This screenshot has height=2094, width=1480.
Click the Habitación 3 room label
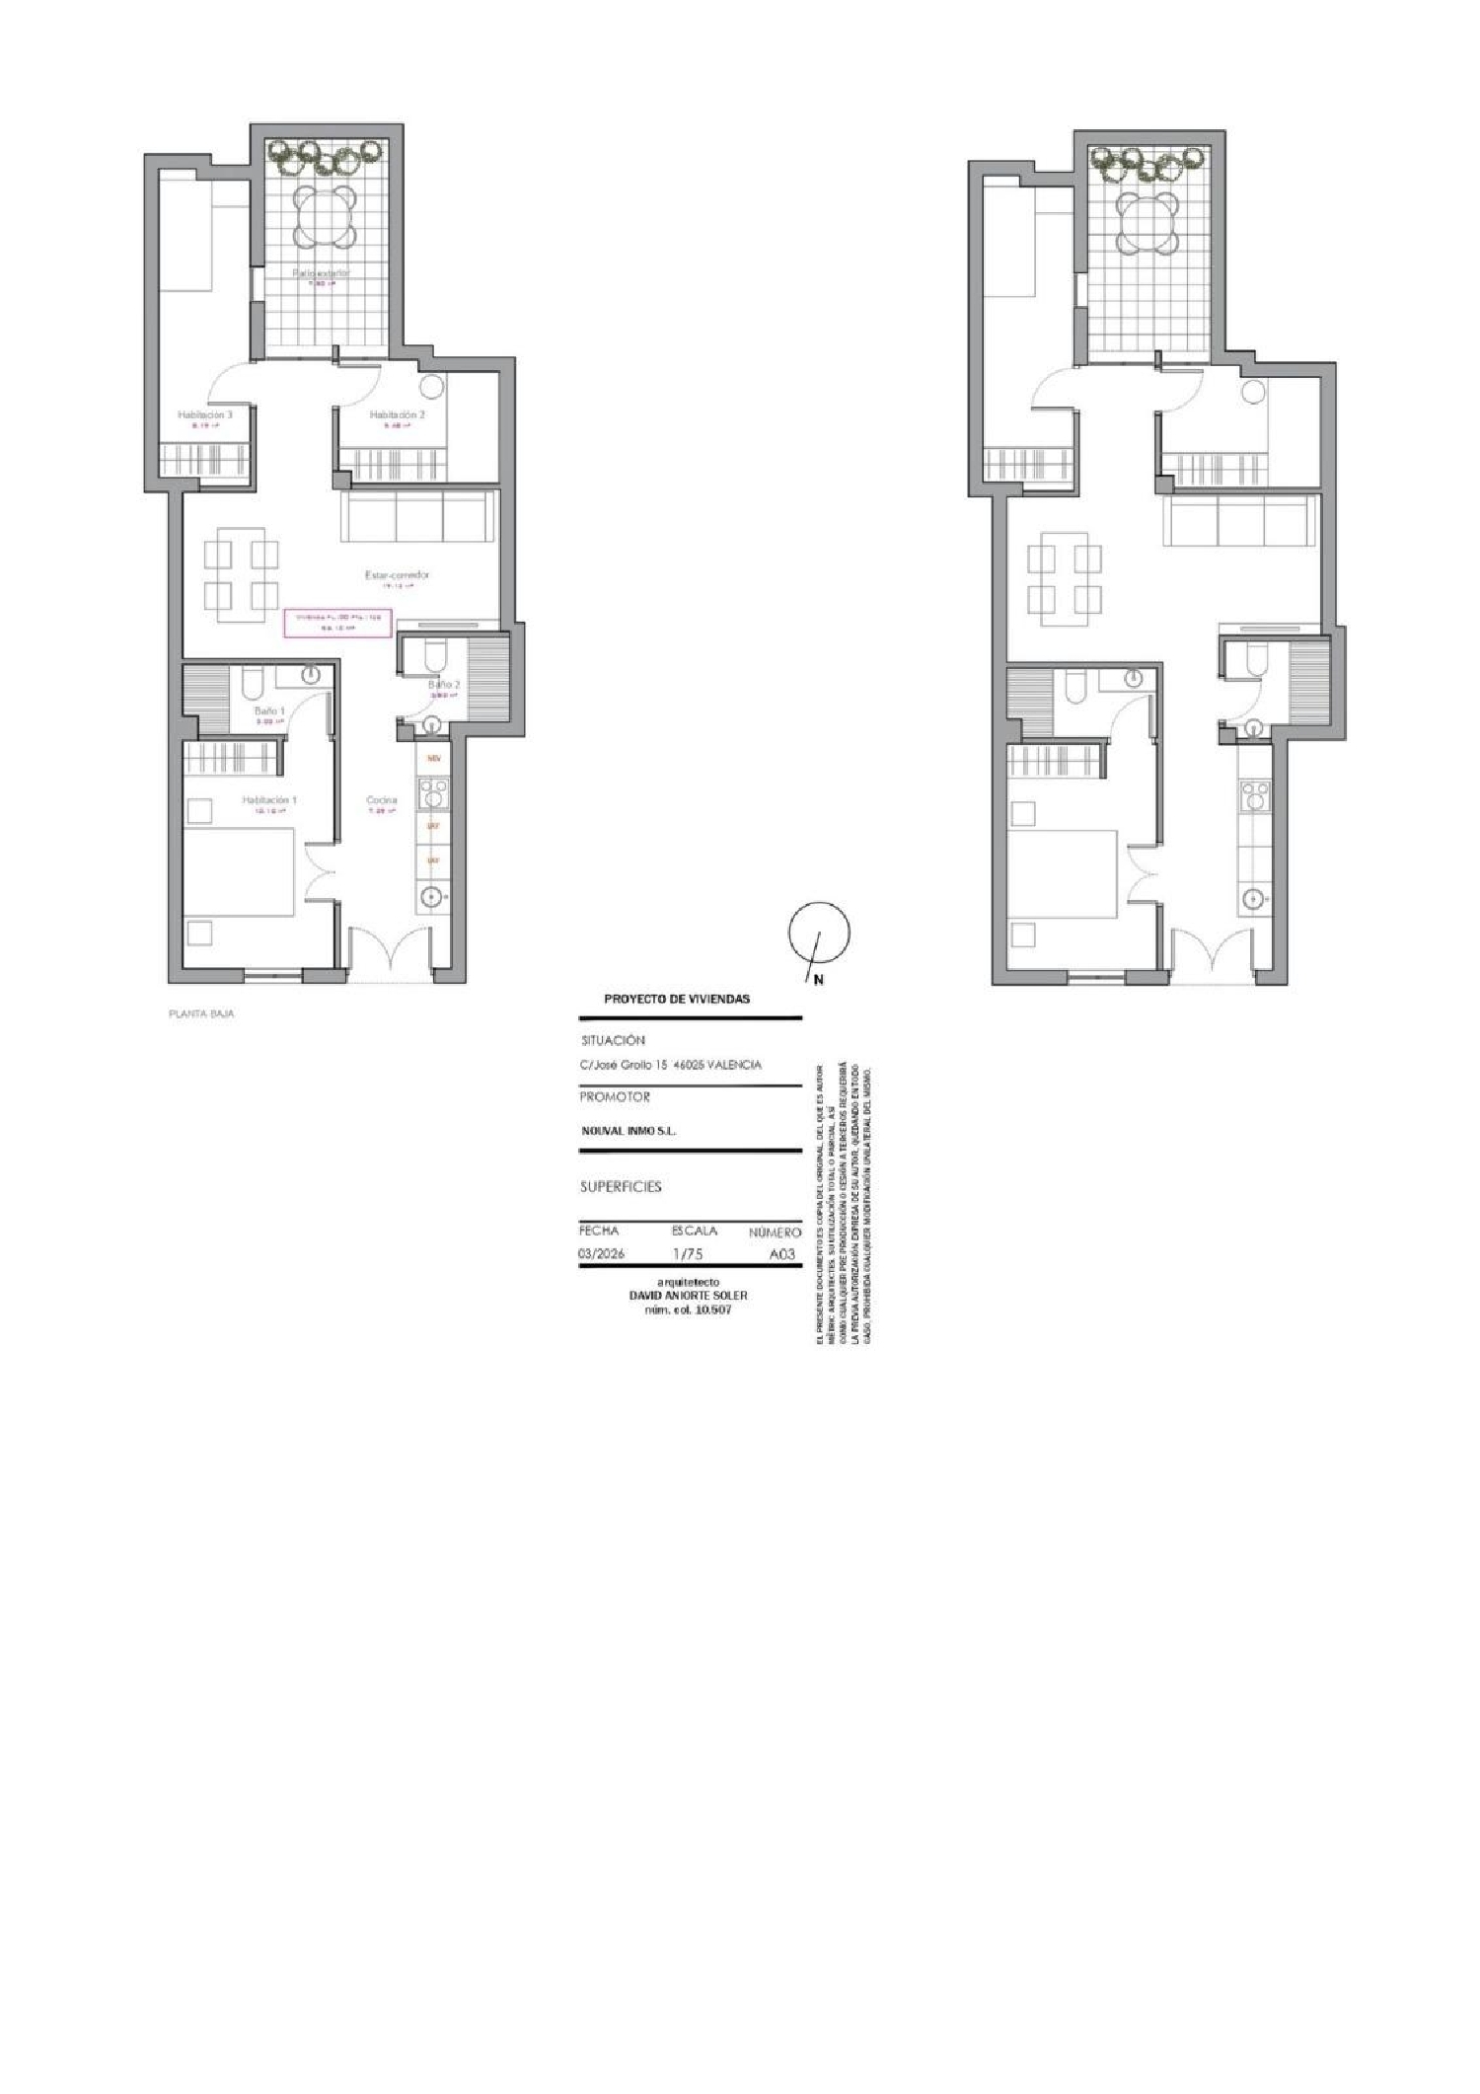pyautogui.click(x=205, y=415)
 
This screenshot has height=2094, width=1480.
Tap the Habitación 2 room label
pyautogui.click(x=398, y=415)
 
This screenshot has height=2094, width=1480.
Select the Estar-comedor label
pyautogui.click(x=398, y=574)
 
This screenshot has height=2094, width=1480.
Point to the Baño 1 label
pyautogui.click(x=269, y=710)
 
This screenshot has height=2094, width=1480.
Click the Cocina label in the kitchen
pyautogui.click(x=382, y=800)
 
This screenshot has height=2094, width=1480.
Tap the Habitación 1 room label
pyautogui.click(x=269, y=800)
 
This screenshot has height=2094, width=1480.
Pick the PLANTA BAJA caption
pyautogui.click(x=202, y=1013)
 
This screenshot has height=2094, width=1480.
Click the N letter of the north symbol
pyautogui.click(x=819, y=980)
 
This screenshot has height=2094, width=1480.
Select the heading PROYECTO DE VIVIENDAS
pyautogui.click(x=677, y=1000)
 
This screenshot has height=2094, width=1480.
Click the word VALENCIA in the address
pyautogui.click(x=734, y=1065)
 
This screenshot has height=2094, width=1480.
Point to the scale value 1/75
pyautogui.click(x=688, y=1255)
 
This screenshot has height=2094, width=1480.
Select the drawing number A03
pyautogui.click(x=781, y=1255)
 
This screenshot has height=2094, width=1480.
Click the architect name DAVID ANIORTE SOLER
pyautogui.click(x=688, y=1296)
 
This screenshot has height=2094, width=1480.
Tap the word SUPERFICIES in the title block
pyautogui.click(x=621, y=1187)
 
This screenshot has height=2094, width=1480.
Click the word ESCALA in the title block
pyautogui.click(x=695, y=1232)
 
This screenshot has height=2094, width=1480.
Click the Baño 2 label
pyautogui.click(x=444, y=684)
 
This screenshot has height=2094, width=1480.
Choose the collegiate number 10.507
pyautogui.click(x=711, y=1309)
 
